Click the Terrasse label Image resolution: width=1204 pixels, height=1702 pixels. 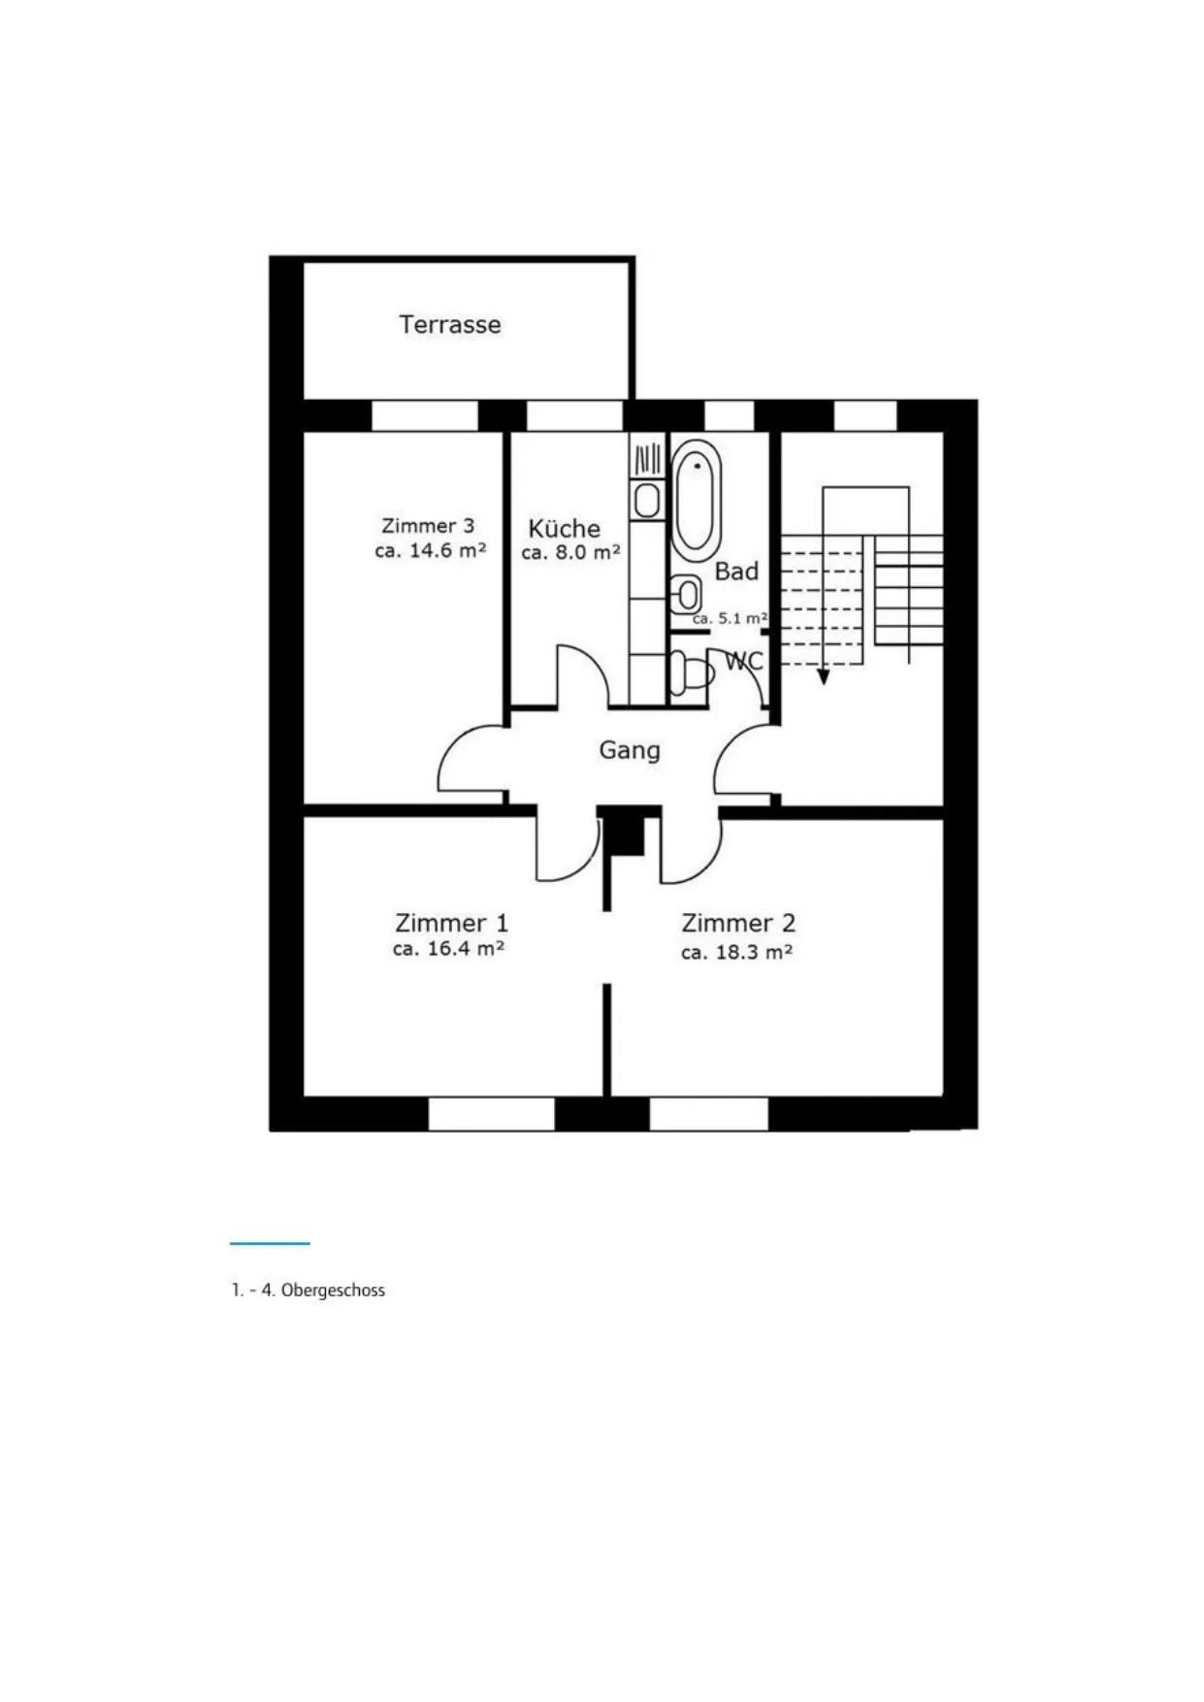pos(450,324)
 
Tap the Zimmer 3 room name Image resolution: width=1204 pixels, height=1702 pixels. pos(428,526)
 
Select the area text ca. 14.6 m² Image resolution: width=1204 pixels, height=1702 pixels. pos(430,551)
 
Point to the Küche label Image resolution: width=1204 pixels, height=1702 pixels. pos(564,529)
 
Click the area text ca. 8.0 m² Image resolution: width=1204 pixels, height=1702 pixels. pos(570,553)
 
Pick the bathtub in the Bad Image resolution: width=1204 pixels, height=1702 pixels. pos(698,500)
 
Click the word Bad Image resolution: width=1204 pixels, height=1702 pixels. pos(736,572)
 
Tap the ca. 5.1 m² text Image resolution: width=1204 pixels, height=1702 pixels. pos(730,618)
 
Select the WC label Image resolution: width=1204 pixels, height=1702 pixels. pos(745,661)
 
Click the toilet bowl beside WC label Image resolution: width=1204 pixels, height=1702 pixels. pos(692,671)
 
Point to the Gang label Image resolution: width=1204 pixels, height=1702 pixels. pos(630,750)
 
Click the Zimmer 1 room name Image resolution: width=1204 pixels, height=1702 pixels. pos(451,923)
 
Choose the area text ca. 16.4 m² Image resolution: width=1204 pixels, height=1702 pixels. pos(448,949)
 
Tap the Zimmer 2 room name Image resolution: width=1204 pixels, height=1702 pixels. pos(738,923)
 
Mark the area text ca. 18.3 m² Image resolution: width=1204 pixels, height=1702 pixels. pos(736,952)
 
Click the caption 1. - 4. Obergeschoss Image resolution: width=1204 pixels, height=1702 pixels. pos(308,1291)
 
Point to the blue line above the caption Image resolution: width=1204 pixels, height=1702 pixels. pos(270,1243)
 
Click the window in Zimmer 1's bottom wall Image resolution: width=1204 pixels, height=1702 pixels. pos(491,1114)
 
